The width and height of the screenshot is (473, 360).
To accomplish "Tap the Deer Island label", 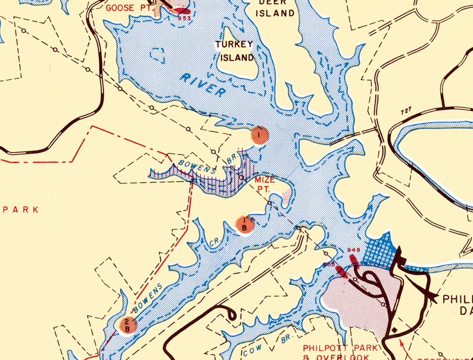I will [x=275, y=8].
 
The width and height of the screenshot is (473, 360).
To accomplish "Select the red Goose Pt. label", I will [x=127, y=8].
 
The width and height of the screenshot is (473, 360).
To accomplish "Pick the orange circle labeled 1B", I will [x=244, y=225].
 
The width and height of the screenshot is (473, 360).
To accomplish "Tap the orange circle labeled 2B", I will [x=127, y=325].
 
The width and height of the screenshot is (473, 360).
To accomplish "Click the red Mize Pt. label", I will [x=266, y=184].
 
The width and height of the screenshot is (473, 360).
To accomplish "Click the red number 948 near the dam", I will [x=353, y=250].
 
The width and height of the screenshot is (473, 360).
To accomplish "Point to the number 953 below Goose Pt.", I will [x=185, y=18].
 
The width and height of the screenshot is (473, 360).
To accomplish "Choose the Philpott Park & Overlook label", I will [x=340, y=352].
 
